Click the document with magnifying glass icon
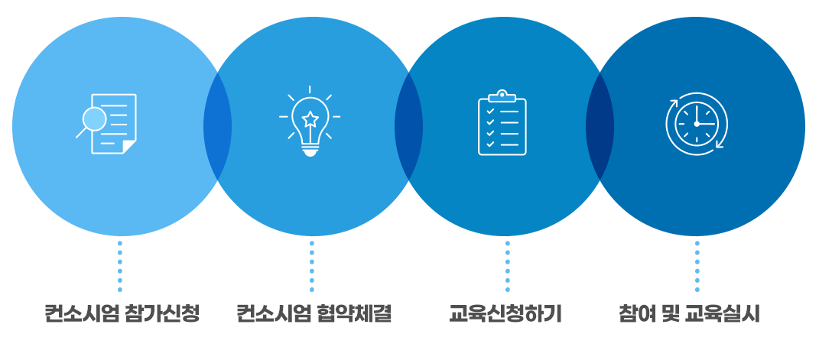(x=106, y=124)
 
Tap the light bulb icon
(x=310, y=122)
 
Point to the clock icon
(x=696, y=124)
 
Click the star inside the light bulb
(x=310, y=119)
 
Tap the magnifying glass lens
(x=95, y=120)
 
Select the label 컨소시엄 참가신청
(x=122, y=314)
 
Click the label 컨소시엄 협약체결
(x=314, y=314)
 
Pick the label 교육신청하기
(x=505, y=314)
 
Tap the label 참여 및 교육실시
(x=690, y=314)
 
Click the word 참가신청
(x=163, y=314)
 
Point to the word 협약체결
(x=355, y=314)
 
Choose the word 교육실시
(x=723, y=314)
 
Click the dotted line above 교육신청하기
(x=507, y=266)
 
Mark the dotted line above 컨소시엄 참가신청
(x=119, y=266)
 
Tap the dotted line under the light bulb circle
(x=312, y=266)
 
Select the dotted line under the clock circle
(x=697, y=266)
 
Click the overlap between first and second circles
(x=217, y=126)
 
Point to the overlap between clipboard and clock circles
(x=600, y=126)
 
